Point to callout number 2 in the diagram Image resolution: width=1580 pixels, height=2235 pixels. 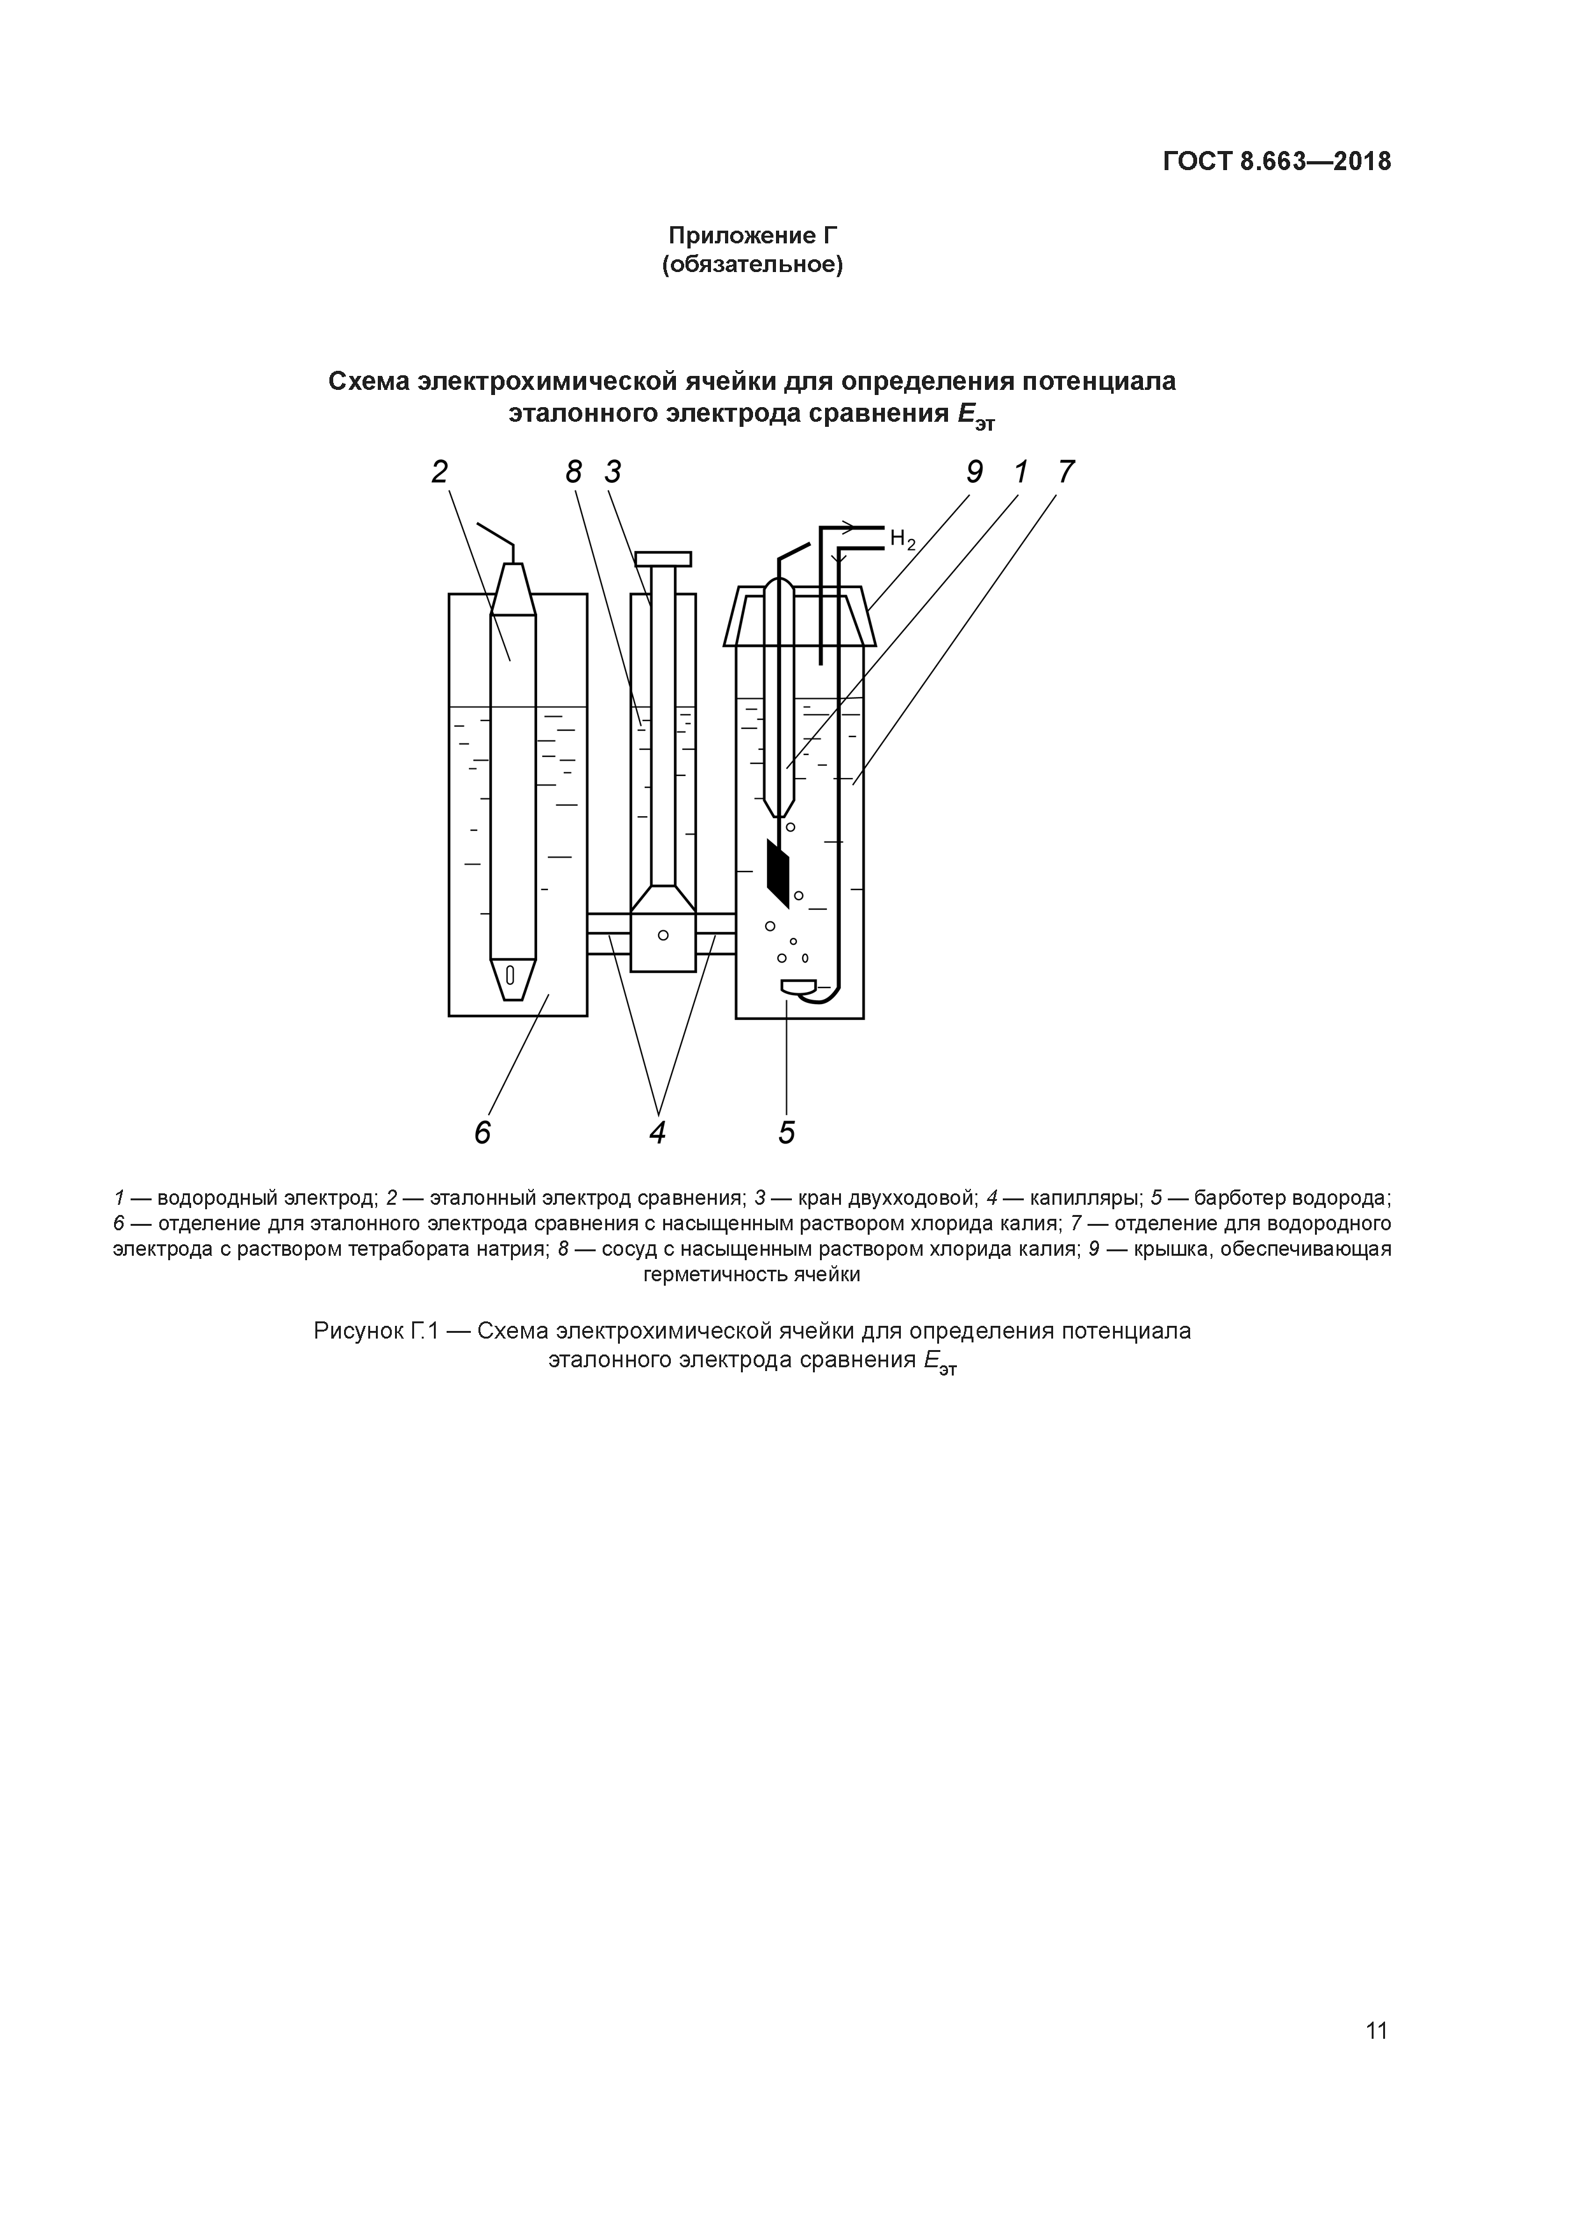440,472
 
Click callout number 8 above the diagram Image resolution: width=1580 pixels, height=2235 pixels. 573,472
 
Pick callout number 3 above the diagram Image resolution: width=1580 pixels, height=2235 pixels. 612,472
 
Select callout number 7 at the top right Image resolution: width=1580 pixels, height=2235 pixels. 1066,472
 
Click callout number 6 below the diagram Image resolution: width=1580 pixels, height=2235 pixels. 483,1133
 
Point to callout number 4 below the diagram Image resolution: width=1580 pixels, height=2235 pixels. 658,1133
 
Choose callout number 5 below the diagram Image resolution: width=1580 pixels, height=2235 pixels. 787,1133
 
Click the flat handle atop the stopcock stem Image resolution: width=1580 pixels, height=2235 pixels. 663,559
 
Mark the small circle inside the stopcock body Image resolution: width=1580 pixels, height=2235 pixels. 663,935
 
